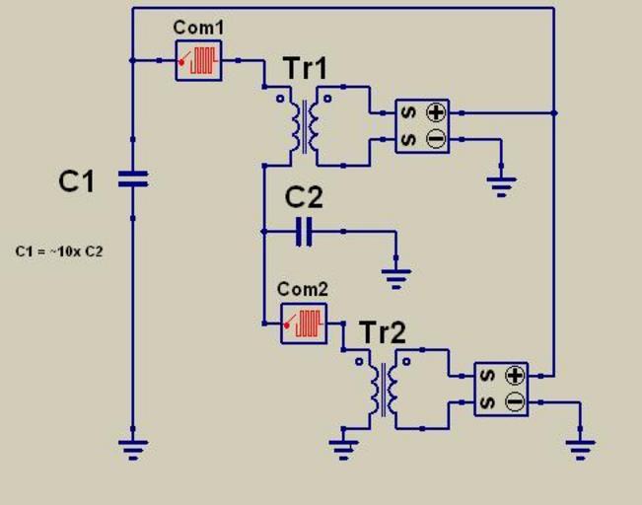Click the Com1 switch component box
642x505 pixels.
[x=198, y=60]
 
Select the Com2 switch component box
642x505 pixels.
[x=304, y=323]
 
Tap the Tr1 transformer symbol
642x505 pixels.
[x=305, y=125]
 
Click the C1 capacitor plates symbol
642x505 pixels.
[x=132, y=180]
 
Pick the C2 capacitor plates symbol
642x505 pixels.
[x=305, y=232]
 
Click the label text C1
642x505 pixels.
[x=77, y=180]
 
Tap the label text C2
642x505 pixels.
[x=304, y=197]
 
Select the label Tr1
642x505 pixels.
[x=305, y=69]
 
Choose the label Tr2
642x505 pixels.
[x=383, y=332]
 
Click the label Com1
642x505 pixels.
[x=198, y=28]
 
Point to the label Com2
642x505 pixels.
[x=303, y=290]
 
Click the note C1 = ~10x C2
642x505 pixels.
[x=59, y=252]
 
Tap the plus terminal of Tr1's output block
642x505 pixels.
[x=435, y=112]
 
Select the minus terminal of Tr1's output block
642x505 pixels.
[x=435, y=139]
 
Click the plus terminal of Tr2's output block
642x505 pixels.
[x=514, y=376]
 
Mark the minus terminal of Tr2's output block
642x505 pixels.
[x=514, y=401]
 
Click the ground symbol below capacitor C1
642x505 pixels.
[x=132, y=450]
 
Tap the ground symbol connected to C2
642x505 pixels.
[x=396, y=277]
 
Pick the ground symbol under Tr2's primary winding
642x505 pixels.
[x=343, y=449]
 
